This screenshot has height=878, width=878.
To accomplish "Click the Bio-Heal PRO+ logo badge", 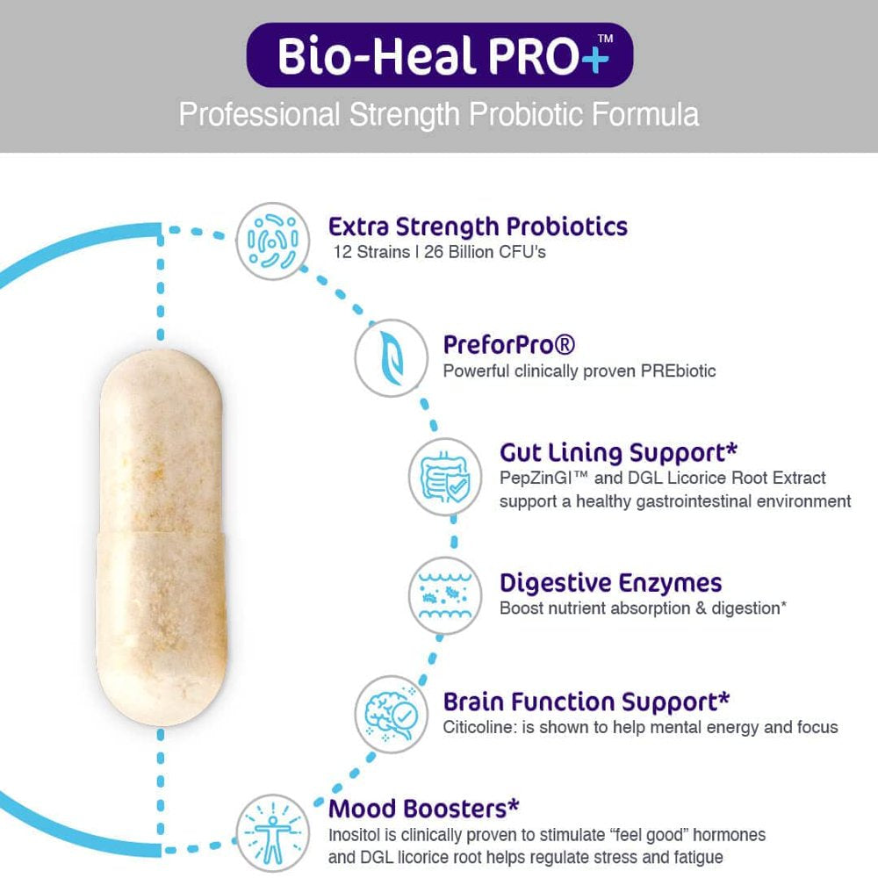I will [x=439, y=55].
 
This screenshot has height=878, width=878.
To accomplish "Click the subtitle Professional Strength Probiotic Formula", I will [x=439, y=115].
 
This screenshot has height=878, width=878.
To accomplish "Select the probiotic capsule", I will [x=161, y=537].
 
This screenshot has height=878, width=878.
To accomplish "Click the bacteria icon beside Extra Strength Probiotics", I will [x=273, y=241].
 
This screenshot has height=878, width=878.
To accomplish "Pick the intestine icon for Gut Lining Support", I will [x=446, y=476].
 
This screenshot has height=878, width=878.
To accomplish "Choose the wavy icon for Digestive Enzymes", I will [x=446, y=594].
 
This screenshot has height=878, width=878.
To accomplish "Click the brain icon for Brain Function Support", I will [x=392, y=713].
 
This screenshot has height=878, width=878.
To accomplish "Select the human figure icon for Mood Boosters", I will [x=273, y=831].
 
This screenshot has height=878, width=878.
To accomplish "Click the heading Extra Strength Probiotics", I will [x=478, y=227].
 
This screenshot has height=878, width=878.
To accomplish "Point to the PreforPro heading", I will [x=509, y=344].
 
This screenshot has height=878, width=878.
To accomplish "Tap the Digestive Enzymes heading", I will [x=610, y=582].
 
